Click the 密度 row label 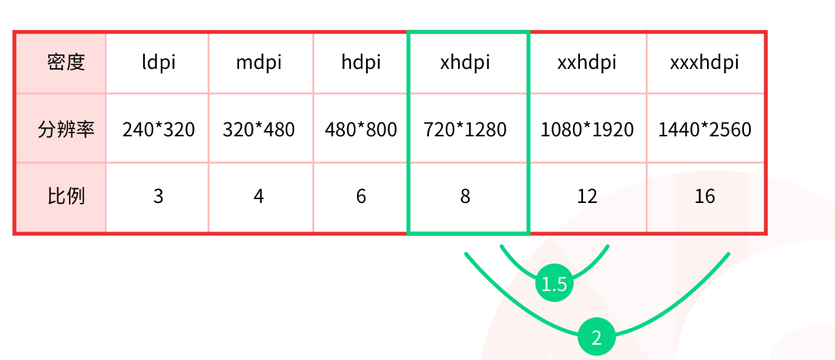[66, 63]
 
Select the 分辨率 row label [66, 129]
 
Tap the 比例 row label [66, 197]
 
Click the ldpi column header [158, 63]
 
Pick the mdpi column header [259, 63]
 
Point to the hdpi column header [361, 63]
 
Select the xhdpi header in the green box [465, 63]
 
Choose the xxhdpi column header [587, 63]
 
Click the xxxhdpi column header [705, 63]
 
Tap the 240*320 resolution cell [158, 129]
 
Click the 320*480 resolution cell [259, 129]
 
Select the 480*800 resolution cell [361, 129]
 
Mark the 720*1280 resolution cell [465, 129]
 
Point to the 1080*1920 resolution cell [587, 129]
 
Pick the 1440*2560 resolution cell [705, 129]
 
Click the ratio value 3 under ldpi [158, 197]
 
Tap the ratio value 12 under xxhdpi [587, 197]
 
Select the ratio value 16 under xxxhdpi [705, 197]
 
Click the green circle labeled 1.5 [554, 284]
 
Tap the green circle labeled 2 [597, 337]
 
